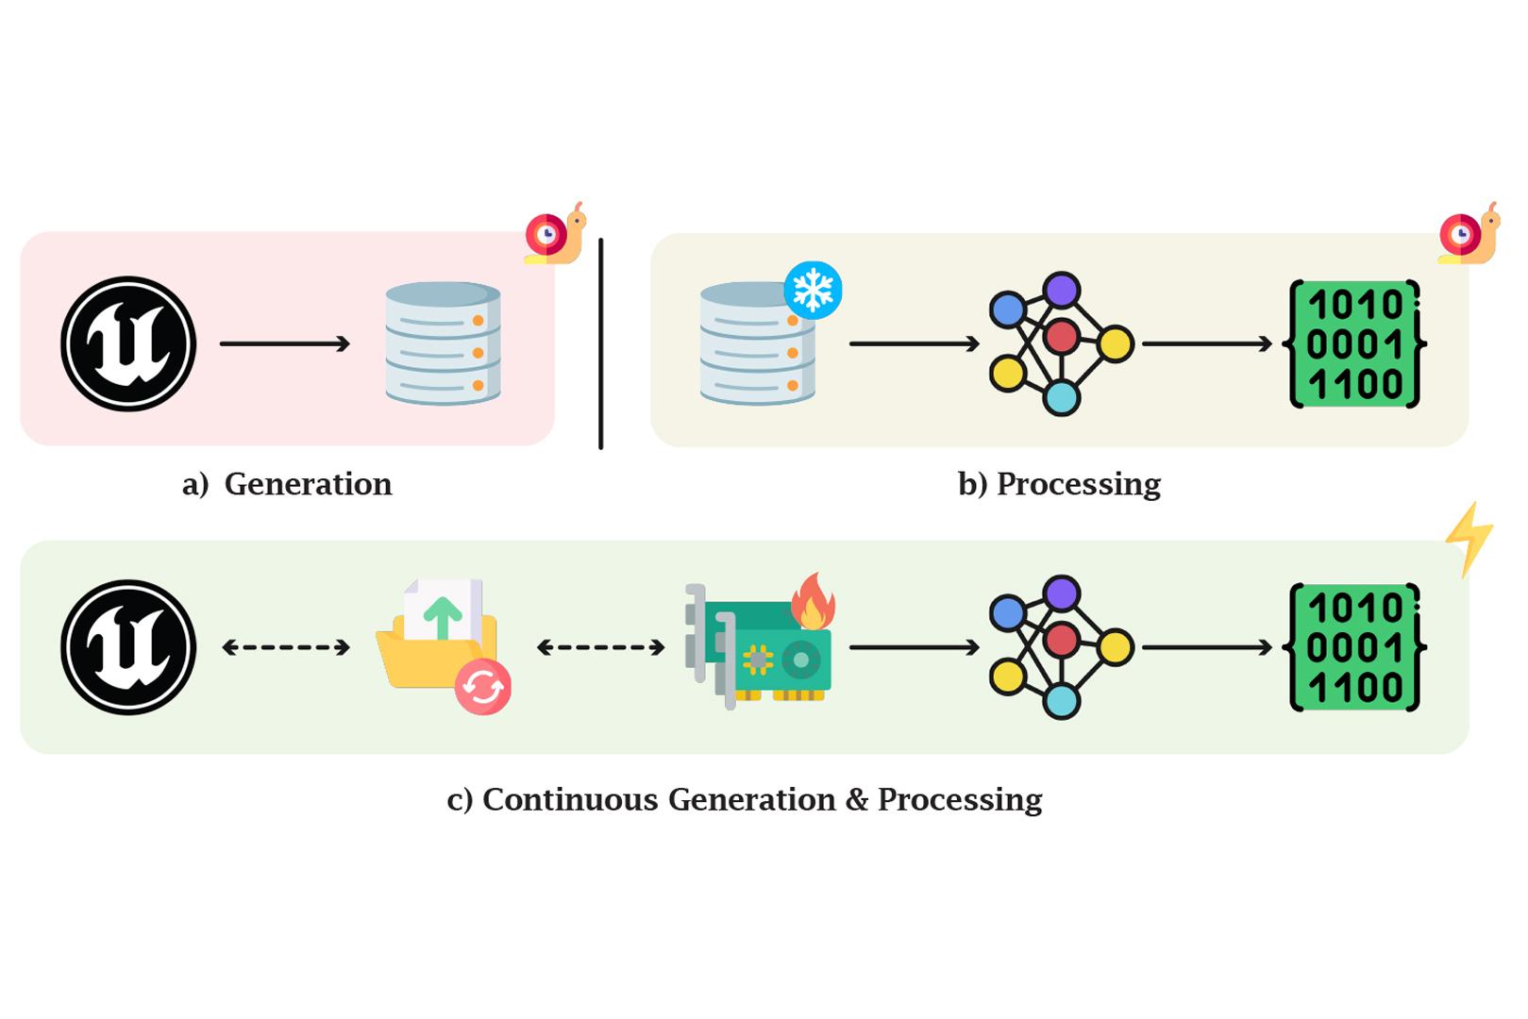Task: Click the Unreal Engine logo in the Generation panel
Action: [x=128, y=343]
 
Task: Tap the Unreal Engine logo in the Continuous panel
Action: [x=128, y=647]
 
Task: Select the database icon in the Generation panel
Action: [x=443, y=343]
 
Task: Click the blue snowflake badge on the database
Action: [x=813, y=290]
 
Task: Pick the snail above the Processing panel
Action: [x=1469, y=233]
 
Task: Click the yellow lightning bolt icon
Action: [x=1469, y=539]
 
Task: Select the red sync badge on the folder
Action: [x=483, y=687]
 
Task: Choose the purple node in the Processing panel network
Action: [x=1063, y=290]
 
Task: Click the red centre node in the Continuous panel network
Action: [x=1062, y=640]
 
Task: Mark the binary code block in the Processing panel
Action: [x=1355, y=344]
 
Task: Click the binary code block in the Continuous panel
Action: [x=1355, y=647]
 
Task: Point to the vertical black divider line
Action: [x=600, y=343]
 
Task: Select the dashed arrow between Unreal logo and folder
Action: [x=286, y=647]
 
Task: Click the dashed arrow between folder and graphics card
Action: [x=600, y=647]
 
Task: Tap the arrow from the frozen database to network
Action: [x=914, y=343]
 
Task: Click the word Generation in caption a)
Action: [x=308, y=484]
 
